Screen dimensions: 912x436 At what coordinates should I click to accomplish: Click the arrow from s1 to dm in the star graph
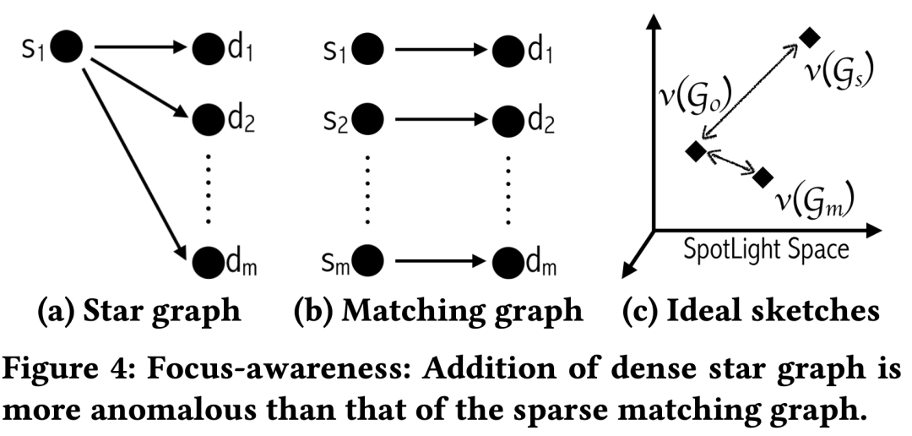coord(134,155)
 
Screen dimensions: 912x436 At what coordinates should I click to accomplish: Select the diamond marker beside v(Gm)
coord(763,177)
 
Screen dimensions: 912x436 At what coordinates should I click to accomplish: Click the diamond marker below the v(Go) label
coord(695,151)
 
